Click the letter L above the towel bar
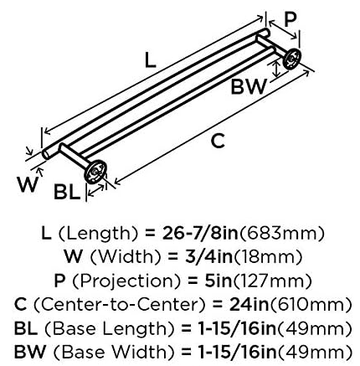pyautogui.click(x=151, y=60)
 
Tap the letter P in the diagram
pyautogui.click(x=291, y=19)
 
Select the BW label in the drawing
pyautogui.click(x=249, y=86)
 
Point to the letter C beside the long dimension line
pyautogui.click(x=218, y=141)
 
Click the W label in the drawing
pyautogui.click(x=28, y=184)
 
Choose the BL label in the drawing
pyautogui.click(x=67, y=192)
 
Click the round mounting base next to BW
pyautogui.click(x=292, y=59)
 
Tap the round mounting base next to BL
pyautogui.click(x=95, y=173)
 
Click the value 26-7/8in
pyautogui.click(x=201, y=234)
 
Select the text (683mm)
pyautogui.click(x=282, y=234)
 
